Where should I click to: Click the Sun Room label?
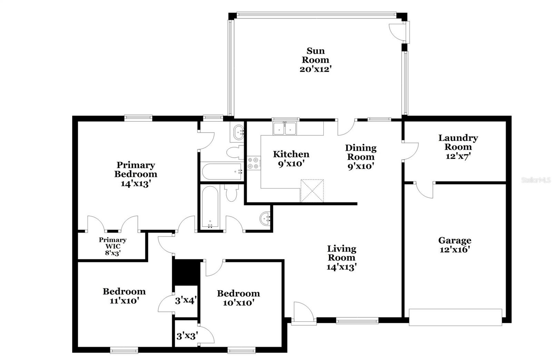pos(315,56)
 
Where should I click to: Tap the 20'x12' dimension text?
pos(315,69)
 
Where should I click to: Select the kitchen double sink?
pos(285,129)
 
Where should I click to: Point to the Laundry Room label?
pos(458,142)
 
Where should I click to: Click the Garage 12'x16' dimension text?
pos(455,250)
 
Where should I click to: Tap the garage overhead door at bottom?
pos(455,317)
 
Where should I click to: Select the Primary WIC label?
pos(112,243)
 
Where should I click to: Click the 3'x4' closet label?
pos(186,301)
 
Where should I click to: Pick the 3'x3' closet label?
pos(187,336)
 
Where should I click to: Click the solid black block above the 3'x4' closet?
pos(186,272)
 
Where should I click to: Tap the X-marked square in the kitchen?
pos(312,190)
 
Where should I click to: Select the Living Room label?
pos(341,253)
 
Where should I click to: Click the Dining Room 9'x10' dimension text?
pos(361,166)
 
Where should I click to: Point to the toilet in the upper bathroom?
pos(235,152)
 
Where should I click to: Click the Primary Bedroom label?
pos(136,169)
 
